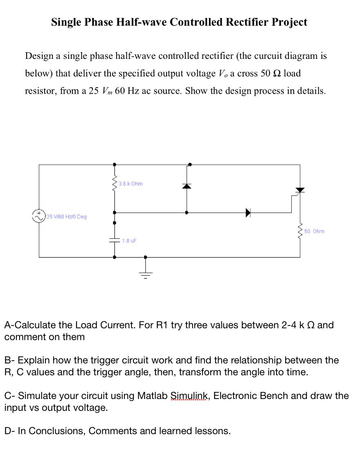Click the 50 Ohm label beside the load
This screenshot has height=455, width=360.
[315, 231]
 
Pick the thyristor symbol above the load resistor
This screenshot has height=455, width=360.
[300, 190]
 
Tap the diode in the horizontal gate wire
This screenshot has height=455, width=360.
[248, 213]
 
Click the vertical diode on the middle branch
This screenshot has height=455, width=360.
[187, 186]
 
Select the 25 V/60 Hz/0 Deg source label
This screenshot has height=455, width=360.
[66, 216]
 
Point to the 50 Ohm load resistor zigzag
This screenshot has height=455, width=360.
[300, 231]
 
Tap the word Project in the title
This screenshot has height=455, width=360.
[290, 22]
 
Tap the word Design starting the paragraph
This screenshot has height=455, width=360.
[39, 56]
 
